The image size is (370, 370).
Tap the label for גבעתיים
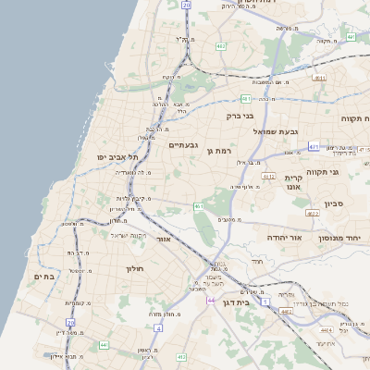tap(184, 145)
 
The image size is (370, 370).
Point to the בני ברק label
tap(240, 116)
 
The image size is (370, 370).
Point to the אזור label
tap(164, 239)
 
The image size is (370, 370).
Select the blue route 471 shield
tap(314, 146)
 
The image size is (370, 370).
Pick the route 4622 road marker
tap(312, 213)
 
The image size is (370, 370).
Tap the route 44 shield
tap(212, 301)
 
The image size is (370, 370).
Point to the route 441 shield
tap(103, 345)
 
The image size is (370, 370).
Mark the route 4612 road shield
tap(269, 175)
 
